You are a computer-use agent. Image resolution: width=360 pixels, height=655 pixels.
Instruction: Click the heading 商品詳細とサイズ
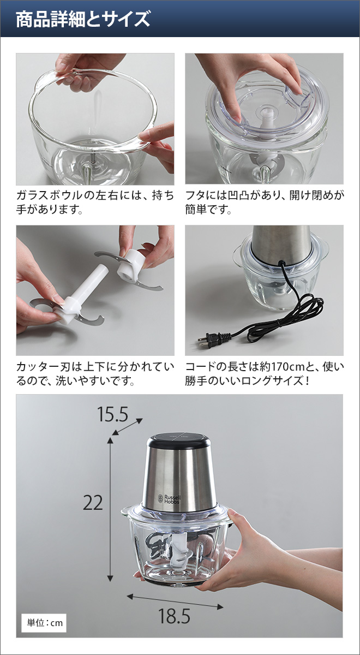tap(82, 20)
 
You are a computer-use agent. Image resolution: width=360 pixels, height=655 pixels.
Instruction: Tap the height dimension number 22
tap(93, 502)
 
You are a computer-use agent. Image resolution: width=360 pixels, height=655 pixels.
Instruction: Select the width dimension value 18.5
tap(174, 616)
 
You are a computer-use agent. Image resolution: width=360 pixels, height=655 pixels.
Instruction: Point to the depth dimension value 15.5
tap(112, 414)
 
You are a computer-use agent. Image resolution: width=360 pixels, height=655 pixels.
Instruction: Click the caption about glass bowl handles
tap(95, 201)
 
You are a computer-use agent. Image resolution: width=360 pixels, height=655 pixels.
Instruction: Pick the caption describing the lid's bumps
tap(264, 201)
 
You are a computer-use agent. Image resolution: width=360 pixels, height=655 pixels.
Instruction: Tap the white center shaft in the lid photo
tap(266, 120)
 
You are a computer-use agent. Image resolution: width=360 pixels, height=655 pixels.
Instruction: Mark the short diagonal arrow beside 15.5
tap(128, 426)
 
